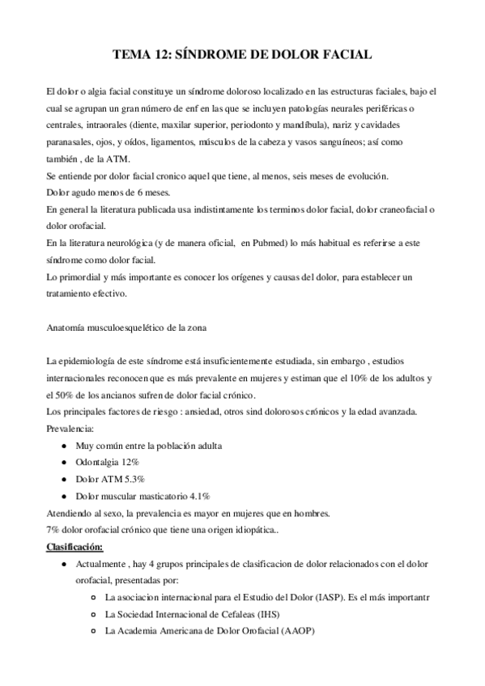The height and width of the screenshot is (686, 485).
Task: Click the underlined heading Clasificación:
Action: coord(79,547)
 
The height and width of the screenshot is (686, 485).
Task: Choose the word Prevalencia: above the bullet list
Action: coord(70,429)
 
